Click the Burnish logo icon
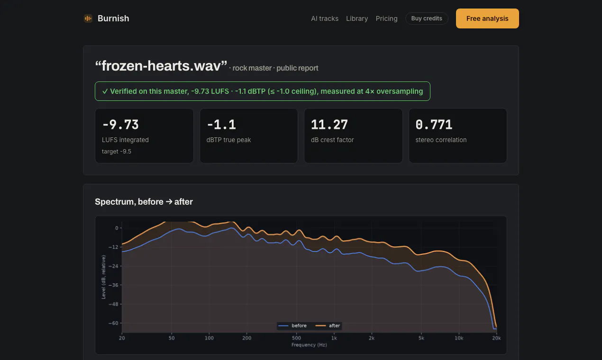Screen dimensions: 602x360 [x=88, y=18]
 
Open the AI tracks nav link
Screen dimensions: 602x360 [x=325, y=18]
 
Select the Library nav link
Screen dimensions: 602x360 [x=357, y=18]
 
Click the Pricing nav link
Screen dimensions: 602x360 [x=386, y=18]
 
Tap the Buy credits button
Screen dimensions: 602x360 [x=427, y=18]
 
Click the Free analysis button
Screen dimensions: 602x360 [x=487, y=18]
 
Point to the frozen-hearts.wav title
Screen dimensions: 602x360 [x=161, y=66]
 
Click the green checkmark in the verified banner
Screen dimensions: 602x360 [x=105, y=91]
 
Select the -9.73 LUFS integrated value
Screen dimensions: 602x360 [x=120, y=125]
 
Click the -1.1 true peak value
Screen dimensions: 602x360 [x=221, y=125]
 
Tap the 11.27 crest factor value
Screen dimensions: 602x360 [x=329, y=125]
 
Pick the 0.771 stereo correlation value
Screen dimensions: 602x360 [x=434, y=125]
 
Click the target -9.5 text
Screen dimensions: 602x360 [x=116, y=152]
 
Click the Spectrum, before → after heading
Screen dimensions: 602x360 [x=144, y=202]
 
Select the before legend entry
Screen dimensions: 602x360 [x=292, y=325]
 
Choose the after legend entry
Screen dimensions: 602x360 [x=328, y=325]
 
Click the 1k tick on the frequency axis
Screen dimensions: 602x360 [x=334, y=338]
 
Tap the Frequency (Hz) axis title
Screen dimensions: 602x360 [x=309, y=345]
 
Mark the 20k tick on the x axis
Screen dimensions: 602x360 [x=496, y=338]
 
